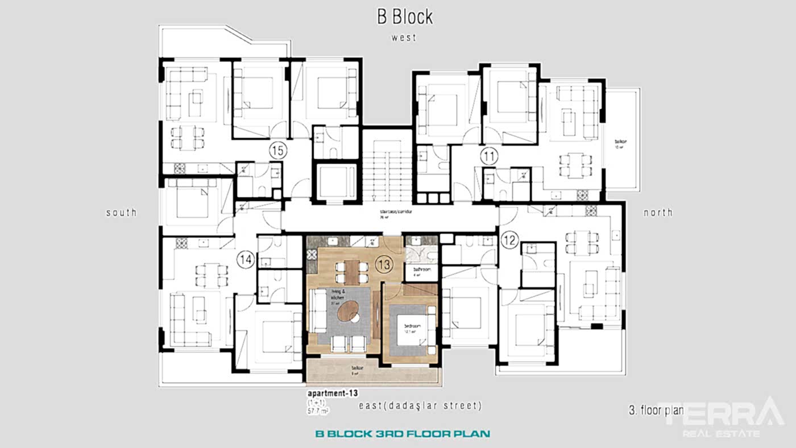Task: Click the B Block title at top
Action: tap(404, 16)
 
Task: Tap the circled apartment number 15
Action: tap(279, 151)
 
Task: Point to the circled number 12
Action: tap(509, 241)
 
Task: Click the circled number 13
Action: tap(384, 264)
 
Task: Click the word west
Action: tap(404, 38)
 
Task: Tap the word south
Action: tap(121, 213)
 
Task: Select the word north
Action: tap(658, 213)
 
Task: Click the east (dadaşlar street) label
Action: tap(420, 406)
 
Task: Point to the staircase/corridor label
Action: tap(396, 211)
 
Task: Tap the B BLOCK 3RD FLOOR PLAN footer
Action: tap(403, 434)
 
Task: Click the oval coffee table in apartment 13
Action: tap(347, 312)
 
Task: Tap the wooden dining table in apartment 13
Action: tap(351, 272)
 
